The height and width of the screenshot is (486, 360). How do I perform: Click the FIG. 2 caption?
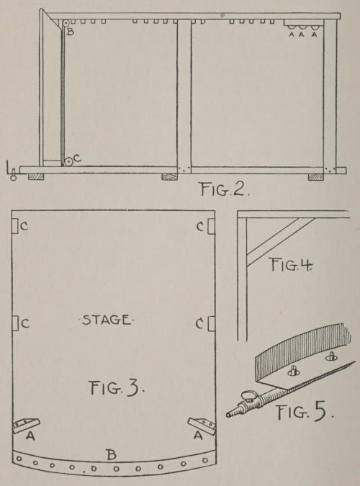[x=225, y=189]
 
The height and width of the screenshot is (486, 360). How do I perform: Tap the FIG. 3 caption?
[x=117, y=387]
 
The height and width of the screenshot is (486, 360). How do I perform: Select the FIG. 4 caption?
[x=292, y=265]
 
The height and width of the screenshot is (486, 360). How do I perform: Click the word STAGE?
[x=106, y=320]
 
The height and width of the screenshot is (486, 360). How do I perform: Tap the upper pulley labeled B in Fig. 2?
[x=66, y=24]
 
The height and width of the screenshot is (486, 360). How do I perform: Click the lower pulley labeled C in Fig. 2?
[x=68, y=161]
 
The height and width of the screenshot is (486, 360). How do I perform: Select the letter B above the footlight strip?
[x=112, y=455]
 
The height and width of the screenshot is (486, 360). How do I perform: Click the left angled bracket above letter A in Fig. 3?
[x=26, y=425]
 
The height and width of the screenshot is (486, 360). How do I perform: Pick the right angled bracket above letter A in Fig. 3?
[x=202, y=426]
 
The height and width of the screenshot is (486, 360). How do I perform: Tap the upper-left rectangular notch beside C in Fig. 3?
[x=15, y=225]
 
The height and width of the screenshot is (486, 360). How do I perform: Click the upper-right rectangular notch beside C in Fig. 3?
[x=212, y=226]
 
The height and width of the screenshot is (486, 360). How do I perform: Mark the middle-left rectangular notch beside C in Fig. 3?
[x=15, y=323]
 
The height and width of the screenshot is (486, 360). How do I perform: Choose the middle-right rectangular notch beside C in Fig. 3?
[x=212, y=323]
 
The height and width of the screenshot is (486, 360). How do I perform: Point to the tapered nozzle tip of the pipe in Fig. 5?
[x=230, y=414]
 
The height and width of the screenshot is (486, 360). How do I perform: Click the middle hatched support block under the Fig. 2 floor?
[x=169, y=176]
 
